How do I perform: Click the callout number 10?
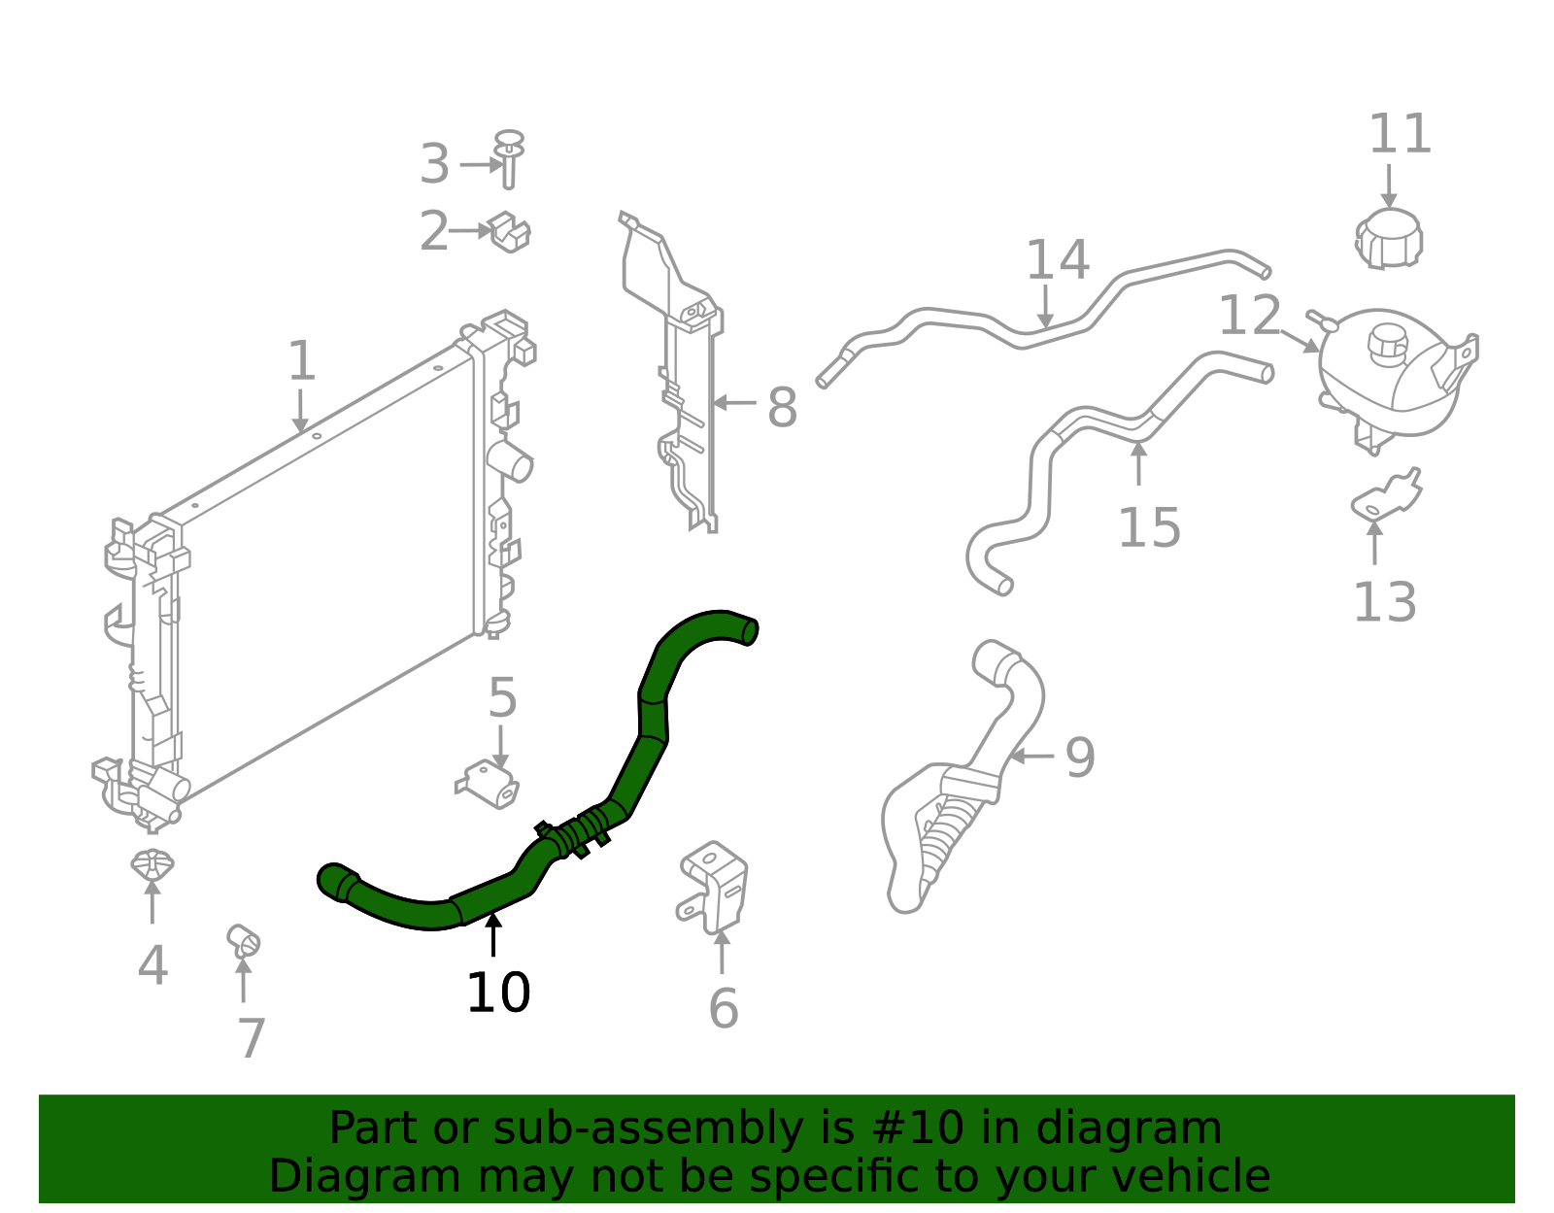pyautogui.click(x=498, y=994)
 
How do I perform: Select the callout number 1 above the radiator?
pyautogui.click(x=302, y=361)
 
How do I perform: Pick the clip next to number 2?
pyautogui.click(x=509, y=232)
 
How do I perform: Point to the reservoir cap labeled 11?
pyautogui.click(x=1389, y=239)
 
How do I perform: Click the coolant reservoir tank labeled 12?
pyautogui.click(x=1389, y=374)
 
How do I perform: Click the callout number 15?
pyautogui.click(x=1149, y=528)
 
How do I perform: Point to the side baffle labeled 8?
pyautogui.click(x=680, y=388)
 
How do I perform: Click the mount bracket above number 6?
pyautogui.click(x=714, y=886)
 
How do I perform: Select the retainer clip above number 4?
pyautogui.click(x=152, y=863)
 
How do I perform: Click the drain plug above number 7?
pyautogui.click(x=243, y=939)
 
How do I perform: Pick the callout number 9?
pyautogui.click(x=1080, y=758)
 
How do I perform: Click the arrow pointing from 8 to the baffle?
pyautogui.click(x=734, y=402)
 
